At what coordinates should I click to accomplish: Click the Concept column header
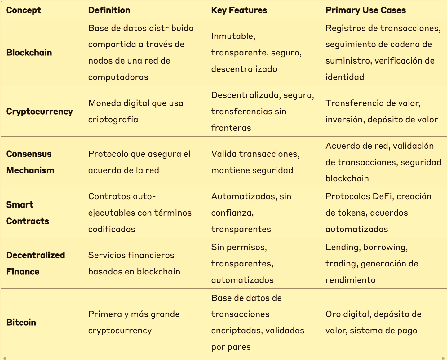pos(24,10)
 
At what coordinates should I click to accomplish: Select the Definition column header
pos(109,10)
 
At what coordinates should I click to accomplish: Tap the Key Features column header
pos(239,10)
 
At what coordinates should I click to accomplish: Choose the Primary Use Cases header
pos(365,10)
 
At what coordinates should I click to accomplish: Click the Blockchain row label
pos(29,53)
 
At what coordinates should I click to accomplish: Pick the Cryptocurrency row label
pos(39,112)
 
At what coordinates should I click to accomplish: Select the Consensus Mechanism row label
pos(30,162)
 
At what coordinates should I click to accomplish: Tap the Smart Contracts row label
pos(28,213)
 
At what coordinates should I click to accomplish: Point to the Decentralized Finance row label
pos(35,263)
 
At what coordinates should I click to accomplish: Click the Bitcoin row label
pos(21,323)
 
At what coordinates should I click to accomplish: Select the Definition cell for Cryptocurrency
pos(135,111)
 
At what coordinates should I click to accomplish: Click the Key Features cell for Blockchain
pos(256,53)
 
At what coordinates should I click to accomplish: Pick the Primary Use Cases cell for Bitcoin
pos(373,322)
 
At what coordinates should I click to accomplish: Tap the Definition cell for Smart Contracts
pos(140,213)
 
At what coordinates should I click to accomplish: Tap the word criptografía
pos(113,120)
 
